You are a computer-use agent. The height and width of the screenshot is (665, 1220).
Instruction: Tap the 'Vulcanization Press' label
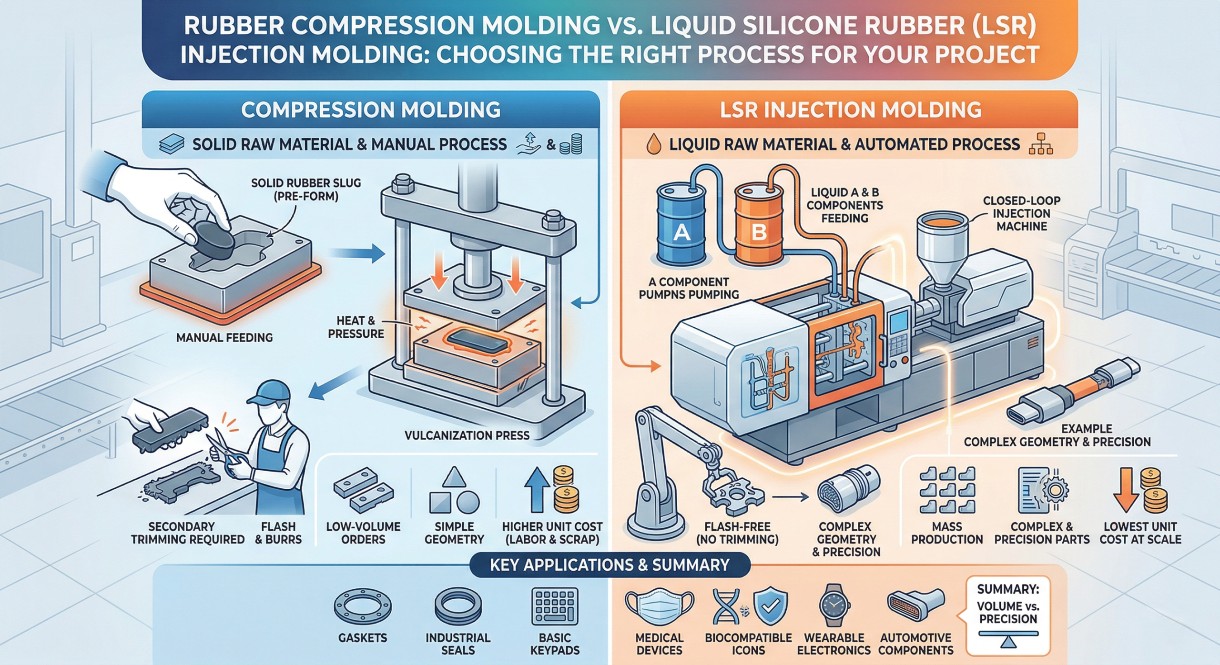click(x=467, y=435)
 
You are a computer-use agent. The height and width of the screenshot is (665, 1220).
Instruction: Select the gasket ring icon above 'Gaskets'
click(x=362, y=607)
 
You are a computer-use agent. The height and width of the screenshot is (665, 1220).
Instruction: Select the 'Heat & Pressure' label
click(x=356, y=327)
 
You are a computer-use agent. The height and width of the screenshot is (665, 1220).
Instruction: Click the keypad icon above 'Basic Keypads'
click(x=555, y=606)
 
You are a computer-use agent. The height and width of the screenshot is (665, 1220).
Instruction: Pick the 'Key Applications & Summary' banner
click(x=610, y=565)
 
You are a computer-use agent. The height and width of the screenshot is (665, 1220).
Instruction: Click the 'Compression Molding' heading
click(x=371, y=110)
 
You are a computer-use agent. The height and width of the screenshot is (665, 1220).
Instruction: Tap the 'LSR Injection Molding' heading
click(x=850, y=110)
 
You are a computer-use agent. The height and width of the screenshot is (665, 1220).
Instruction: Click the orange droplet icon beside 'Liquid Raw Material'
click(x=653, y=144)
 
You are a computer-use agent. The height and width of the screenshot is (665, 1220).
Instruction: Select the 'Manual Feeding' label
click(x=224, y=337)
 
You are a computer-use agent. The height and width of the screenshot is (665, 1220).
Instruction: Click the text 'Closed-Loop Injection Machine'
click(x=1021, y=213)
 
